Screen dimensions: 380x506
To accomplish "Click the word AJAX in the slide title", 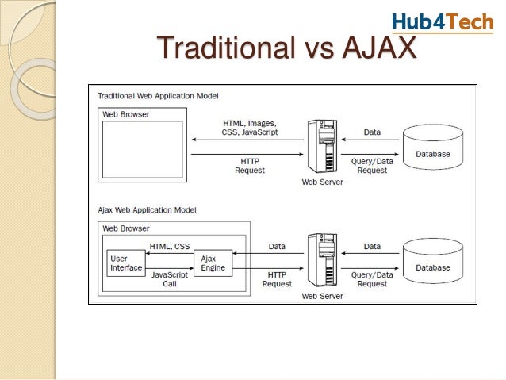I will tap(378, 48).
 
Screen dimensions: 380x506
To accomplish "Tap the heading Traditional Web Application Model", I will tap(157, 95).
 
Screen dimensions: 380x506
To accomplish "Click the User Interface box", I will tap(126, 263).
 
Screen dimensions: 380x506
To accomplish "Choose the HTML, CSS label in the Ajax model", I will tap(170, 246).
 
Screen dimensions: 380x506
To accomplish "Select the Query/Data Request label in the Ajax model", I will tap(371, 279).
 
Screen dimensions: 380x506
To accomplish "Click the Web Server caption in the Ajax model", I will tap(322, 296).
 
